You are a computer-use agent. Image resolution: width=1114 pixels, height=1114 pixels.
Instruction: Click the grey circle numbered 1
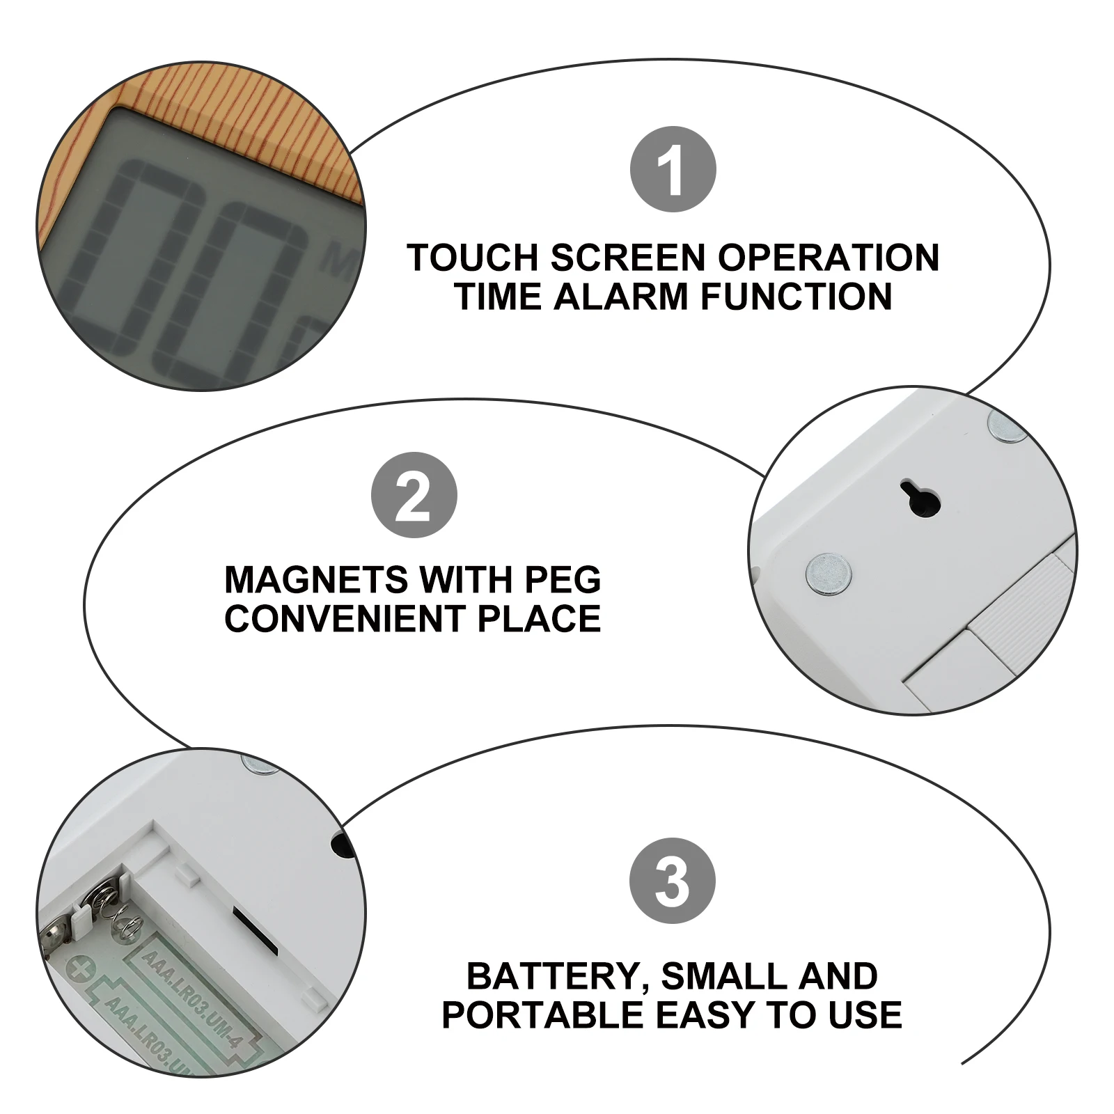[673, 170]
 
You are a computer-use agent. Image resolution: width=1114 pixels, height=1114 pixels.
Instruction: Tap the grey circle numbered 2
[414, 495]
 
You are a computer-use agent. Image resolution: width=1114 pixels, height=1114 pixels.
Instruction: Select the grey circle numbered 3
[672, 881]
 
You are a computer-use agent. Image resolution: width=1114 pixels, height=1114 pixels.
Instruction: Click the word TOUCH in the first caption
[473, 258]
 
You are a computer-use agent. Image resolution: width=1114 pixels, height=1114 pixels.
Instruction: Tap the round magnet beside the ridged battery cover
[829, 572]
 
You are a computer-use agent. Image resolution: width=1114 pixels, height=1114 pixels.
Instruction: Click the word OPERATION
[828, 258]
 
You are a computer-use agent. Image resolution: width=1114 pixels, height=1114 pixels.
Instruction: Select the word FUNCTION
[796, 296]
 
